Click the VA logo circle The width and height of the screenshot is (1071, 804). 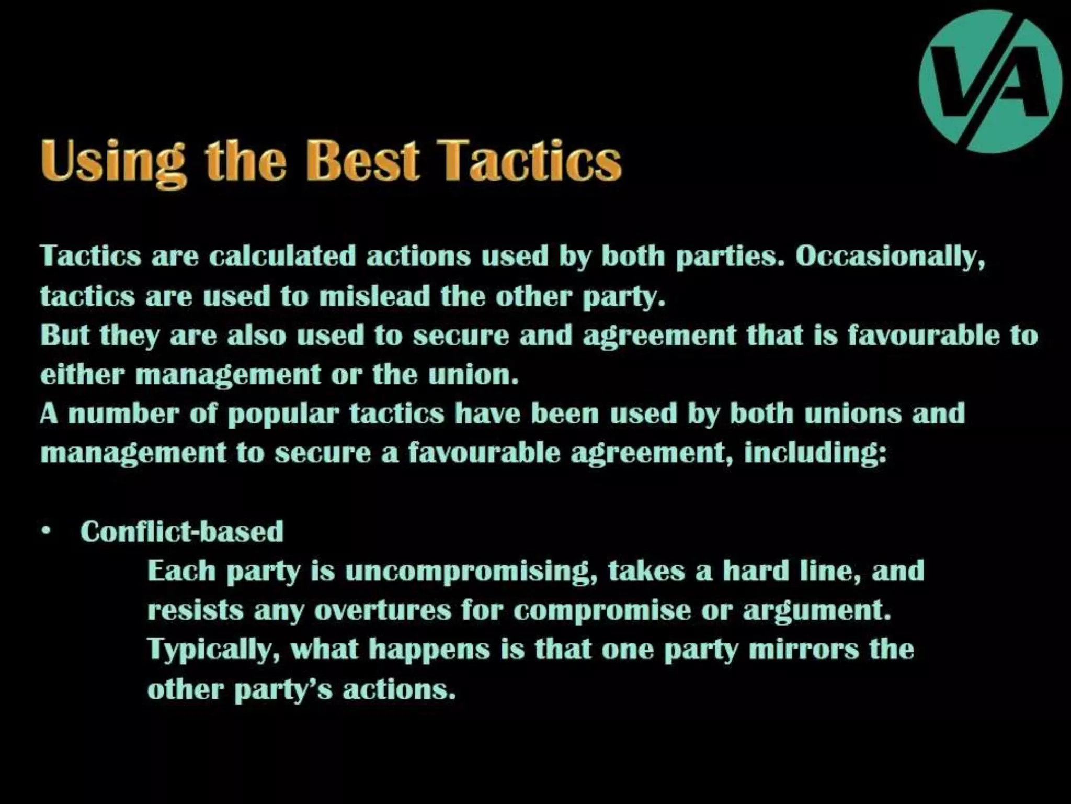tap(990, 81)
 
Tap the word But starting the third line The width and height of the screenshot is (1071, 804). tap(65, 335)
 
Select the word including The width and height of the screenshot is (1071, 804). tap(815, 453)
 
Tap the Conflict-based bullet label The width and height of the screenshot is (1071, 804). tap(182, 531)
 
